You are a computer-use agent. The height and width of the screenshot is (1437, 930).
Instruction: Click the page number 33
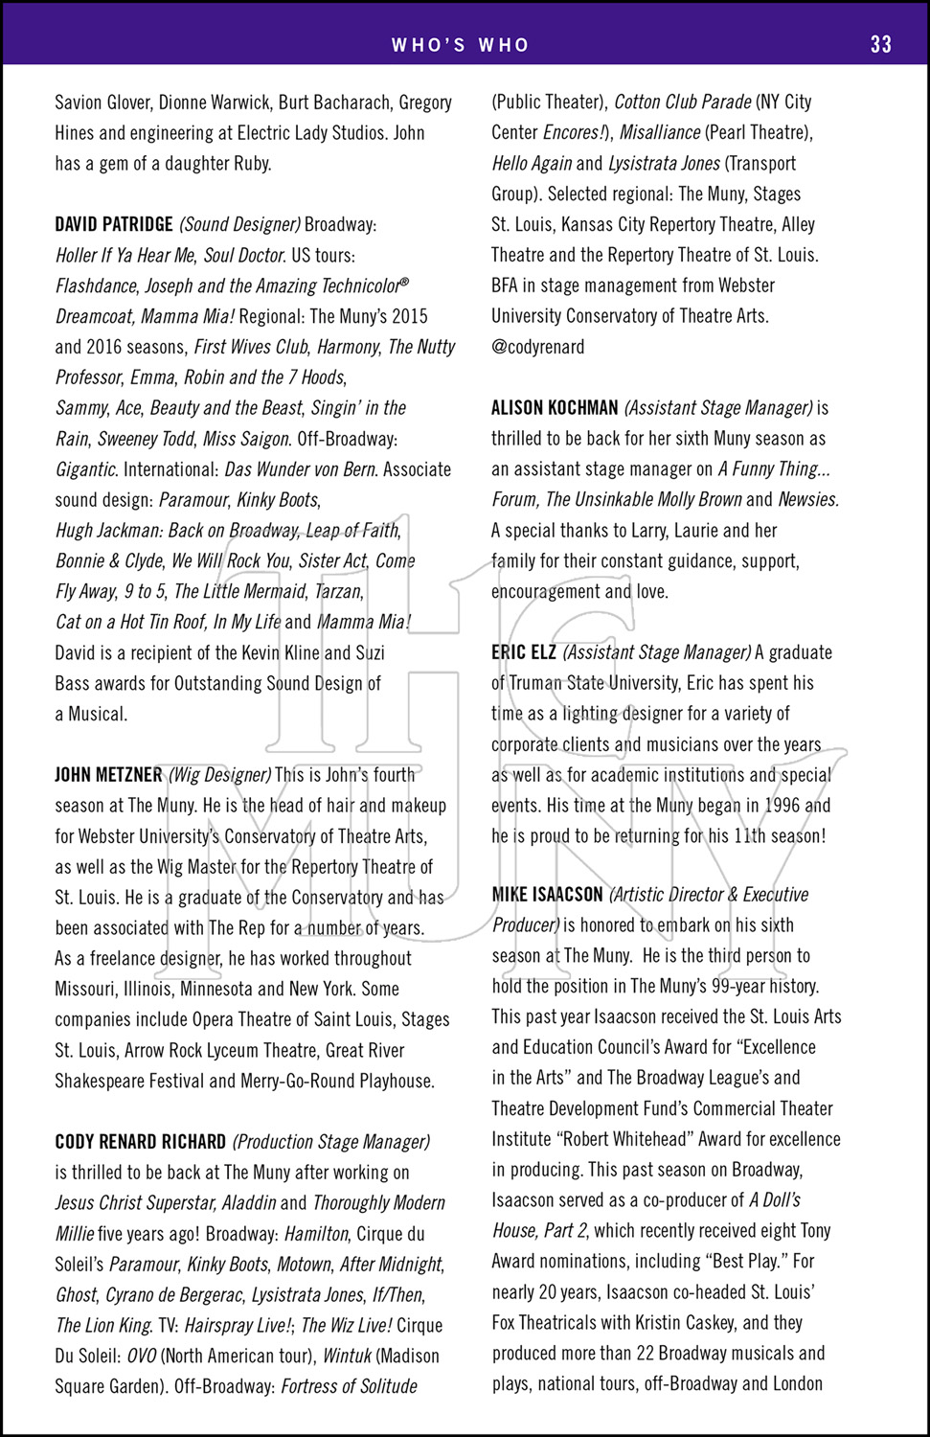click(880, 44)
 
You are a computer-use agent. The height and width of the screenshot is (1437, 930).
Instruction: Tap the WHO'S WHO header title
click(461, 45)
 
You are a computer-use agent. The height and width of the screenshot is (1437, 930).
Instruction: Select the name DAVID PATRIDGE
click(114, 224)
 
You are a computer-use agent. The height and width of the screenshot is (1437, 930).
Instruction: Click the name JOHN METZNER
click(108, 775)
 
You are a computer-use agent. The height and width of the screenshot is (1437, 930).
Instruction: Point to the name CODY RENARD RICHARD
click(141, 1142)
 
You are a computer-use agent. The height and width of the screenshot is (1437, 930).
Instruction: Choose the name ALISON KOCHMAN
click(555, 408)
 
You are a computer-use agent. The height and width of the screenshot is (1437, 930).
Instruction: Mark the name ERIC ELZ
click(523, 652)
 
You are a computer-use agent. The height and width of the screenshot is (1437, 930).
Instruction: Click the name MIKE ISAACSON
click(547, 895)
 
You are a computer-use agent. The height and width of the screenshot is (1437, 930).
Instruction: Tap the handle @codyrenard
click(537, 347)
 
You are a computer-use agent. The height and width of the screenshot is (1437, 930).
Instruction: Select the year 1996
click(782, 806)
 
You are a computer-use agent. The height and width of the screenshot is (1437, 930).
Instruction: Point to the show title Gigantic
click(85, 469)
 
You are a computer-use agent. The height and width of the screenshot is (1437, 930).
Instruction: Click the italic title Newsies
click(807, 500)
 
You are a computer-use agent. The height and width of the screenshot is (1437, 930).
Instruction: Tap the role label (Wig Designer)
click(220, 775)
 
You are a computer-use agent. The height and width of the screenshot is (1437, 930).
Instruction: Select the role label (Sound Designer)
click(239, 224)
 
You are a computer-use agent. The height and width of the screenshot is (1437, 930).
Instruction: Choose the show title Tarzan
click(338, 592)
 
